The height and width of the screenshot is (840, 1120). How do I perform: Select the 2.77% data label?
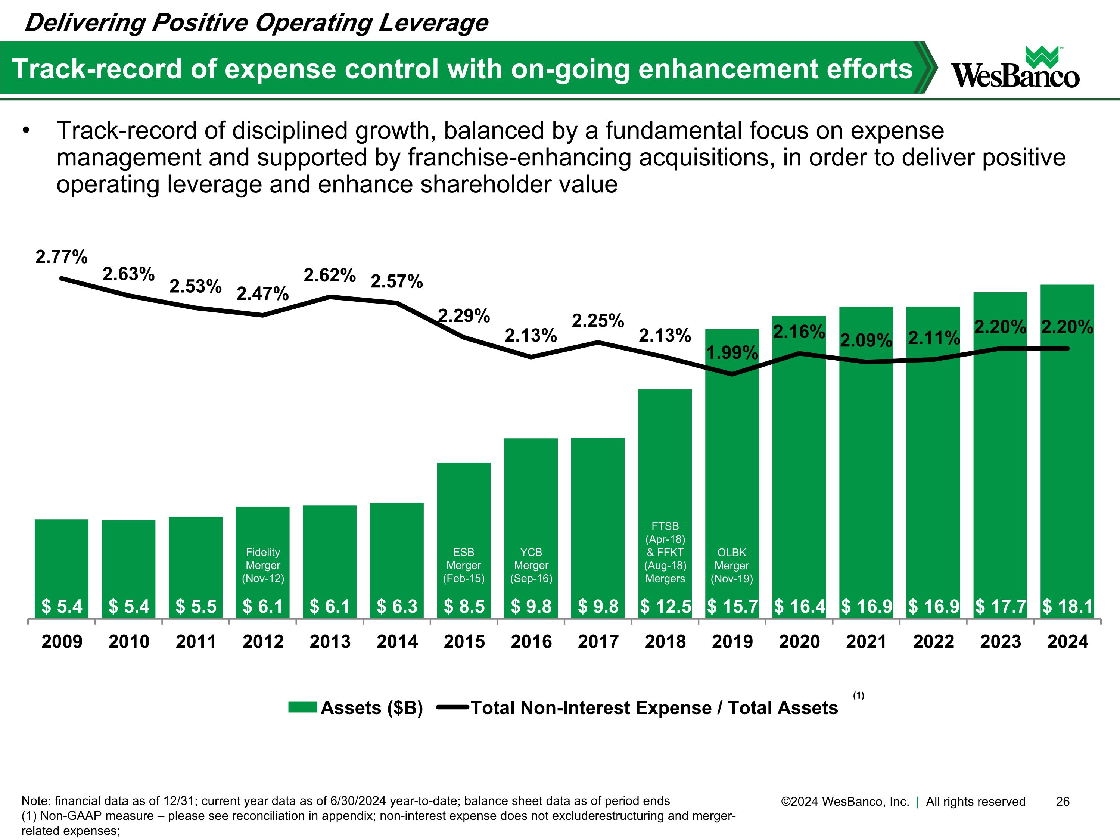point(61,257)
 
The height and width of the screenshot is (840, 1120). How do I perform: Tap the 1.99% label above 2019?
point(732,352)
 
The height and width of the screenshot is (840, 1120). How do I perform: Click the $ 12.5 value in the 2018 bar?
point(665,606)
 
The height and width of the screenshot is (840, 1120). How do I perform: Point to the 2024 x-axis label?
point(1067,641)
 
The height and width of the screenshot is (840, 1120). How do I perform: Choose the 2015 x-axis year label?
point(464,641)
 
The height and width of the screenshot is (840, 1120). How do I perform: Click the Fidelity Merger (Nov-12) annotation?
point(263,565)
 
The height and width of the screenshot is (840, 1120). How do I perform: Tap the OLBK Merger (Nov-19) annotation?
point(732,566)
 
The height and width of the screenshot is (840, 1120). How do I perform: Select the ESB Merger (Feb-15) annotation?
point(464,565)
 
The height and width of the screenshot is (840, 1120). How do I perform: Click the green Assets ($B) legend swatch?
point(302,707)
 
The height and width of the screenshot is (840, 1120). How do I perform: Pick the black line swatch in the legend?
point(452,707)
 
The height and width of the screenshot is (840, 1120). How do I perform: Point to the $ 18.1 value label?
point(1067,606)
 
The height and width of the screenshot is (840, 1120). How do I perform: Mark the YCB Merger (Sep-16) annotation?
point(531,565)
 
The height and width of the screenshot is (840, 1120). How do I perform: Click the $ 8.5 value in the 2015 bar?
point(464,606)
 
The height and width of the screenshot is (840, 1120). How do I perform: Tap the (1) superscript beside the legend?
point(858,696)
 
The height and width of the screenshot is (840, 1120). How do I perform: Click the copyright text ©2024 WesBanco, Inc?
point(845,802)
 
